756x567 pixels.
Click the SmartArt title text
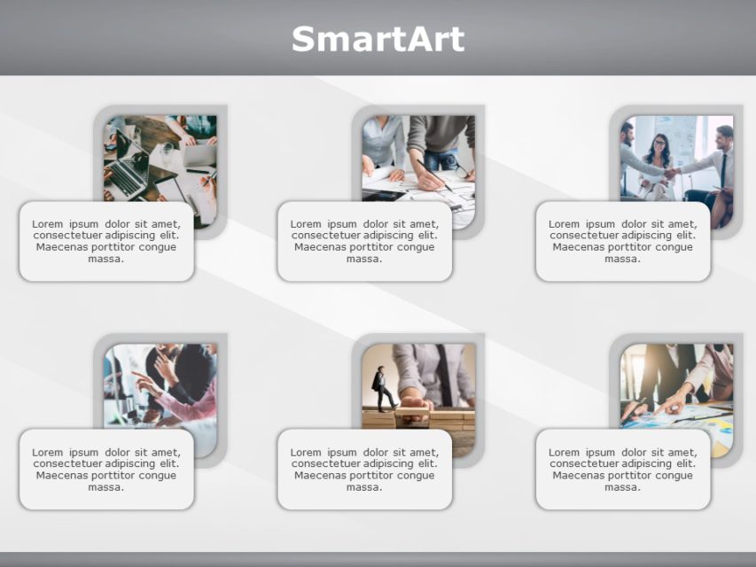click(x=378, y=39)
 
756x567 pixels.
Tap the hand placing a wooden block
click(x=415, y=406)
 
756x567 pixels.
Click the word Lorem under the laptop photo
click(x=47, y=224)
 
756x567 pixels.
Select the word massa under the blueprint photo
click(x=364, y=259)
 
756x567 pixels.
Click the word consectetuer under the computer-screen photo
click(x=67, y=463)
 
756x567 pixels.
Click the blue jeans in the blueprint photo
click(x=440, y=160)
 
